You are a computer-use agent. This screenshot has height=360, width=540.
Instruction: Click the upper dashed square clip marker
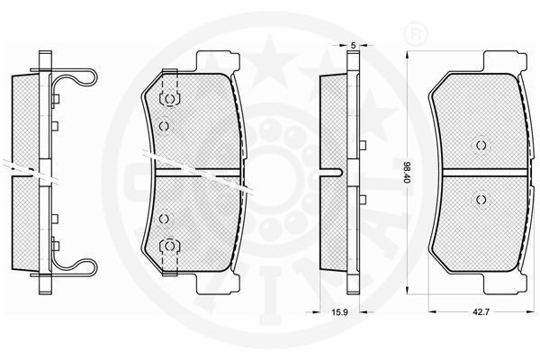(167, 99)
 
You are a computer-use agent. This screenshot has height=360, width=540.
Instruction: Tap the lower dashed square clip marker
(167, 246)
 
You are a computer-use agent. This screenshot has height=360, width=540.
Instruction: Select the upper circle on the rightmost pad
(479, 146)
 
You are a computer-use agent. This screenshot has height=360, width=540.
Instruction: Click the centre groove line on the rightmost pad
(479, 171)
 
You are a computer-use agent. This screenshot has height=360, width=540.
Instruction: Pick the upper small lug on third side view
(362, 146)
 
